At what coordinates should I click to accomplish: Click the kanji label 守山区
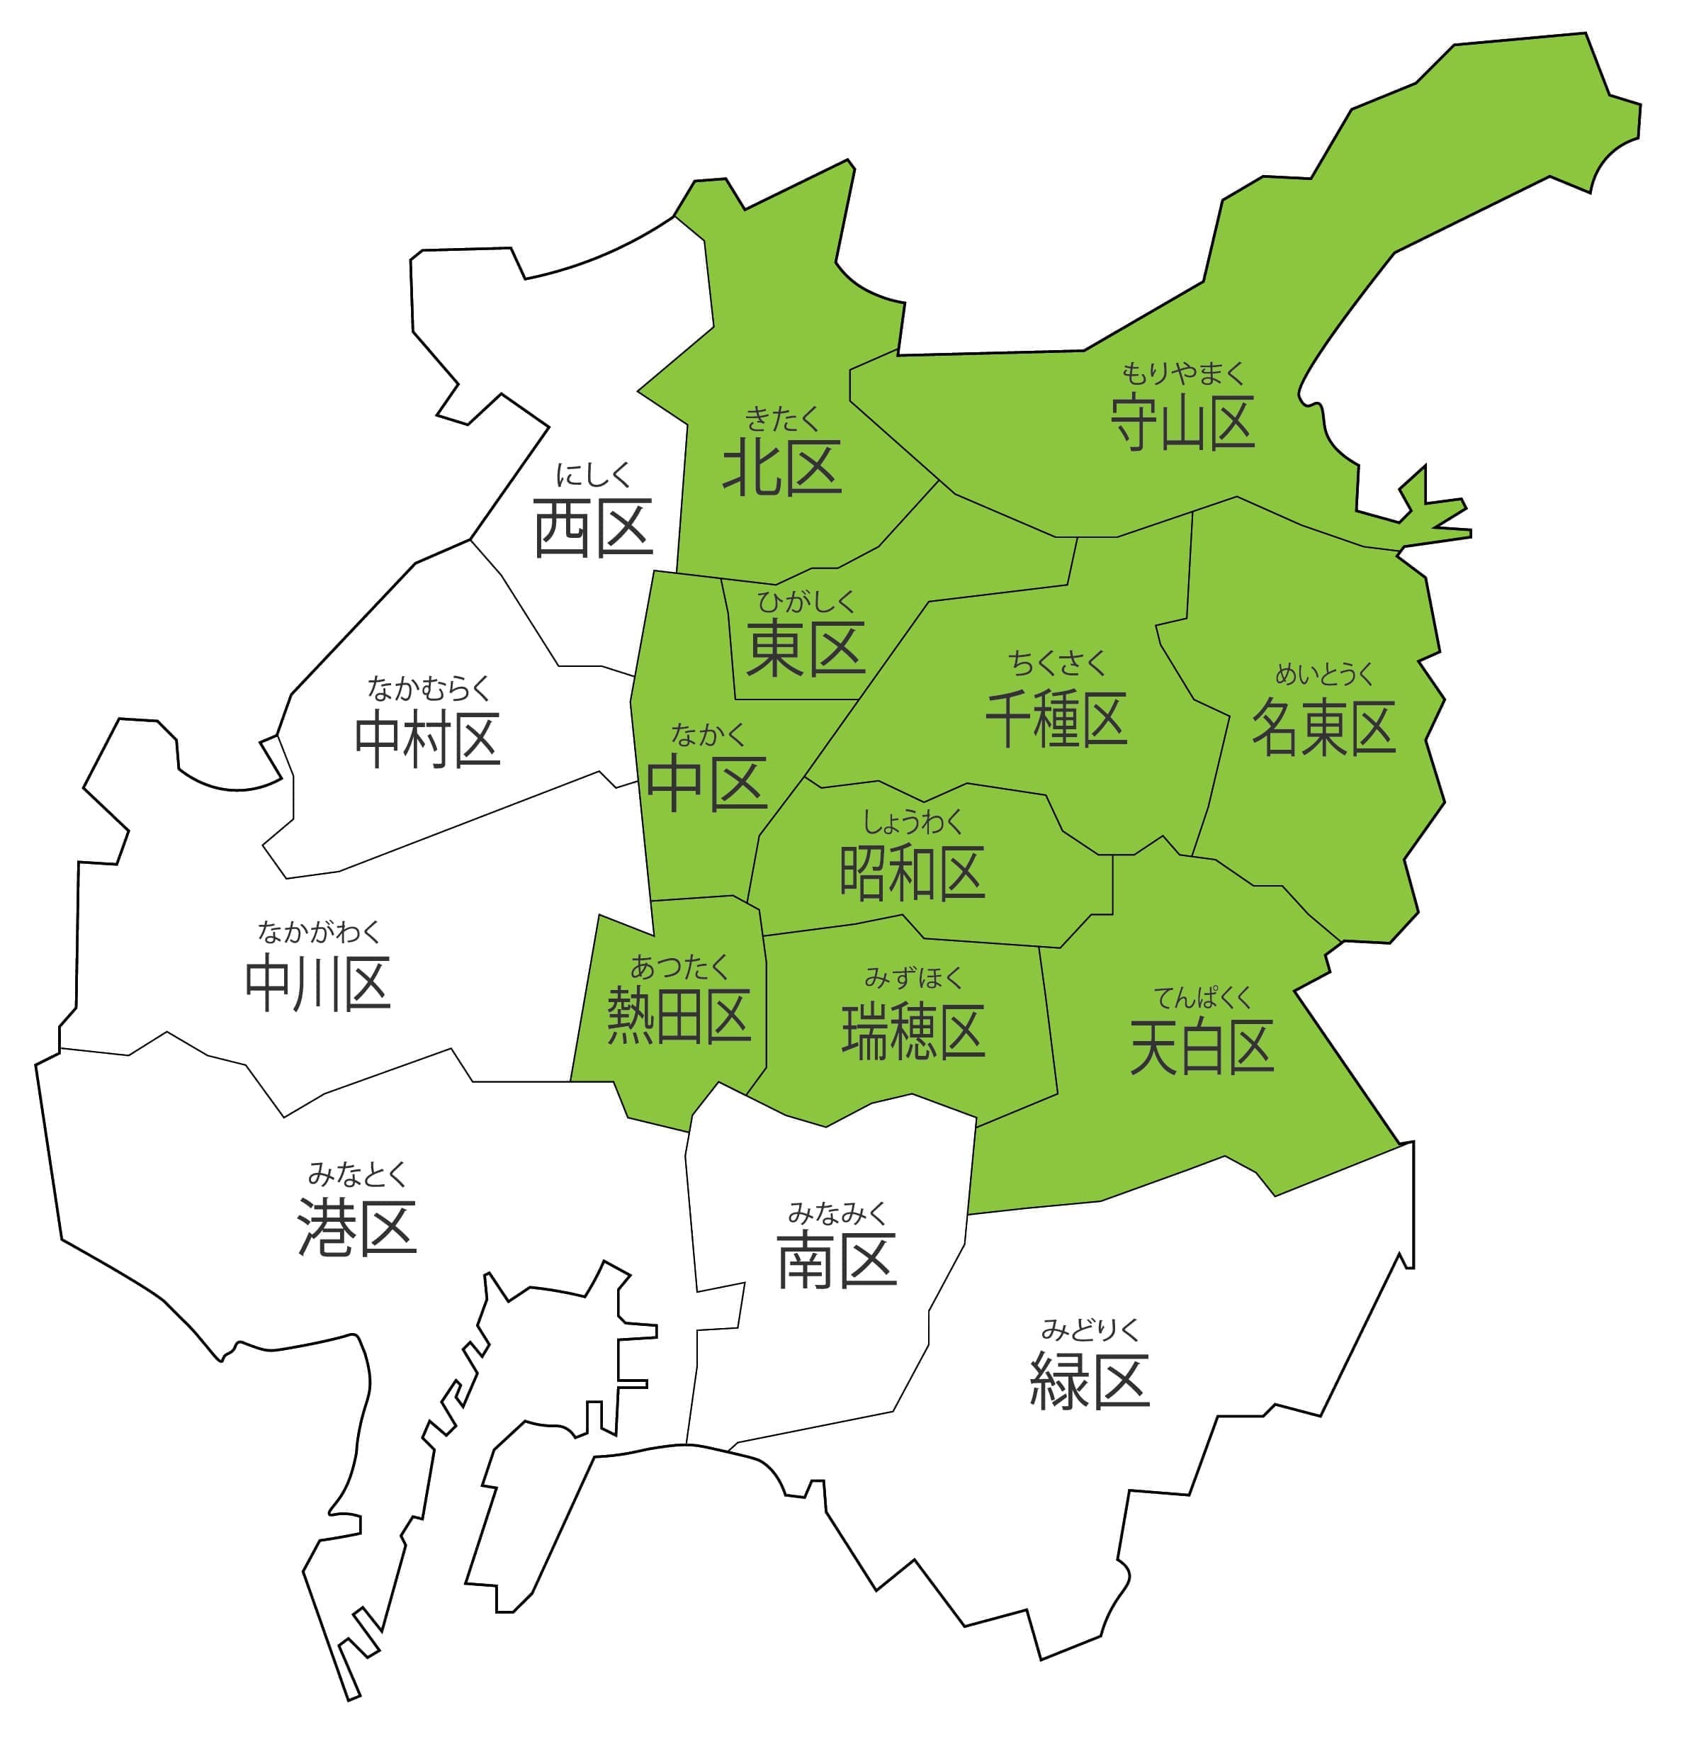click(1182, 423)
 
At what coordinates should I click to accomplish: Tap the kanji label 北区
click(781, 469)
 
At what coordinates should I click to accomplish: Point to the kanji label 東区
click(806, 648)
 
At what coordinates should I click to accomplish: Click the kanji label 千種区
click(1056, 719)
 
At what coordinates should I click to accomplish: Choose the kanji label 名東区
click(1323, 727)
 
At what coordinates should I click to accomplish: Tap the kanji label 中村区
click(428, 740)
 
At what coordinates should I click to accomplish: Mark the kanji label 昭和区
click(912, 873)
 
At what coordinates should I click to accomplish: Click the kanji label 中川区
click(317, 984)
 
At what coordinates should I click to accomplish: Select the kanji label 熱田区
click(679, 1016)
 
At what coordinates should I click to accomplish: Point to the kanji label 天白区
click(1202, 1047)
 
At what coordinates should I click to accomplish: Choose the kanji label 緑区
click(1090, 1381)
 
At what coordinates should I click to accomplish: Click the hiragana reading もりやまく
click(1182, 373)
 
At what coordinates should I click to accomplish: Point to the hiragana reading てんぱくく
click(1202, 998)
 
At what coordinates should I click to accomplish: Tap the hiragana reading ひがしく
click(806, 602)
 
